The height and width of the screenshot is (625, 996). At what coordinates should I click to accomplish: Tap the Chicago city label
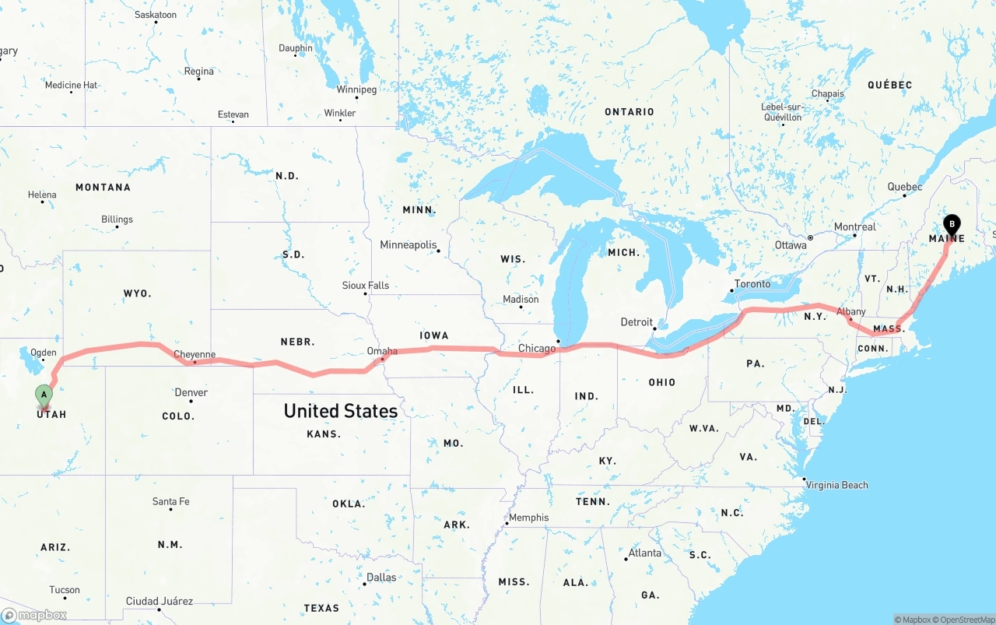click(x=537, y=348)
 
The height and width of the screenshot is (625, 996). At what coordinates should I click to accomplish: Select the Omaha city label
click(x=382, y=351)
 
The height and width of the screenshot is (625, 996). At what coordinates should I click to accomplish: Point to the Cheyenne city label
click(x=195, y=354)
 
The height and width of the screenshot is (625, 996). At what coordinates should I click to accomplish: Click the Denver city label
click(x=191, y=392)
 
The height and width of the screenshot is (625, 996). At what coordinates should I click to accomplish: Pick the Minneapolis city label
click(x=409, y=245)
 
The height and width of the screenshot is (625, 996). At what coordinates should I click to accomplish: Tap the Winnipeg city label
click(x=356, y=90)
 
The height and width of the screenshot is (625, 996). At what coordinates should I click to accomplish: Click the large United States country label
click(x=340, y=411)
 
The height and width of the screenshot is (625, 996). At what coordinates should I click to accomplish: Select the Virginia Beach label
click(x=836, y=485)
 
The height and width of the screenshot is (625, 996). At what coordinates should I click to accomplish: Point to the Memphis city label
click(x=528, y=518)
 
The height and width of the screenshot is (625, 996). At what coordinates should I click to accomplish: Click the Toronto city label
click(x=752, y=284)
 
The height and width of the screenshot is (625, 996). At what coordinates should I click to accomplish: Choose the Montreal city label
click(x=854, y=227)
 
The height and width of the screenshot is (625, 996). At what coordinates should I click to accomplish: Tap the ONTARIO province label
click(x=630, y=112)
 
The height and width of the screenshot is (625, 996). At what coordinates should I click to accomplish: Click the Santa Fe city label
click(x=170, y=501)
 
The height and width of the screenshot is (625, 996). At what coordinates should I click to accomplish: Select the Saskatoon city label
click(x=156, y=15)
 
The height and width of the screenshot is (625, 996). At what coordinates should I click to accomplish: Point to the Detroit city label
click(x=637, y=322)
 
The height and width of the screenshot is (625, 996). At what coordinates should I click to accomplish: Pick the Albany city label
click(x=851, y=311)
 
